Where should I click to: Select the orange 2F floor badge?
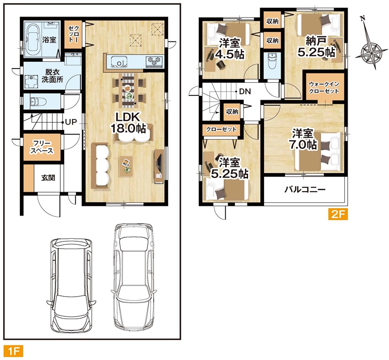(338, 214)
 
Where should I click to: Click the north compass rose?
(371, 52)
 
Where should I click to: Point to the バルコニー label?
(304, 190)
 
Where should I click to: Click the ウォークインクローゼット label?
(324, 88)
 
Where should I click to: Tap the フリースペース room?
(42, 147)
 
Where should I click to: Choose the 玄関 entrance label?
(48, 178)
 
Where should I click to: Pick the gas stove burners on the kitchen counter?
(154, 61)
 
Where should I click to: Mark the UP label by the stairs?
(71, 122)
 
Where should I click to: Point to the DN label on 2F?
(245, 91)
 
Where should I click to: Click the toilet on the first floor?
(37, 102)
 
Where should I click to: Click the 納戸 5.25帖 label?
(317, 46)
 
